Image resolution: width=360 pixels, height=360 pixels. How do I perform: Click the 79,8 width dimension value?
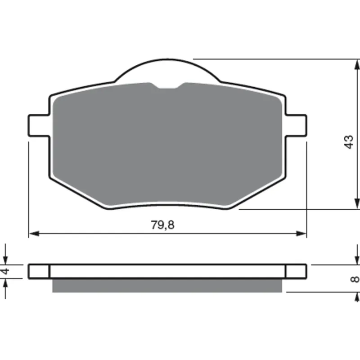click(162, 225)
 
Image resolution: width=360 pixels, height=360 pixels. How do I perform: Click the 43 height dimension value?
click(349, 142)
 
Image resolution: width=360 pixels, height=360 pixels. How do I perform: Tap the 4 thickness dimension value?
click(5, 271)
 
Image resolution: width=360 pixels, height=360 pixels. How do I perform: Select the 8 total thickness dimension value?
click(355, 279)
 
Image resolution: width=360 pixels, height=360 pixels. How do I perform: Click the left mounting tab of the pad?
click(39, 126)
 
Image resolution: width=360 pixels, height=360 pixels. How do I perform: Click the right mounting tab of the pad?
click(296, 126)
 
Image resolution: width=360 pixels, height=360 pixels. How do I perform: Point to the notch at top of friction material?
click(167, 85)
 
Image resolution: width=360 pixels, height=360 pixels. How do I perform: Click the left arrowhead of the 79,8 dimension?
click(34, 234)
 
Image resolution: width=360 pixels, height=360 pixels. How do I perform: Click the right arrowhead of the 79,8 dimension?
click(301, 234)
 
